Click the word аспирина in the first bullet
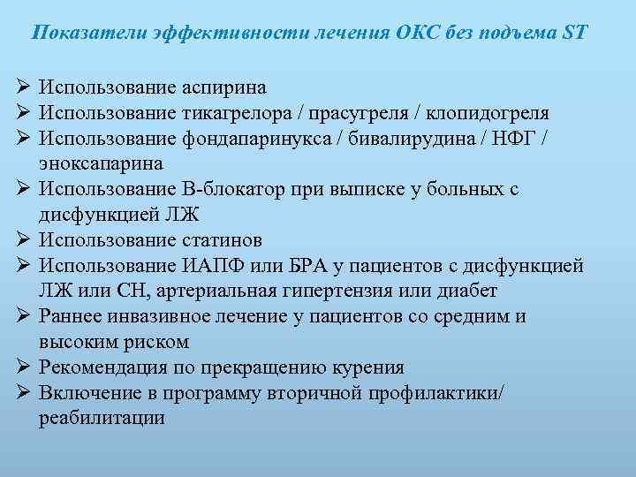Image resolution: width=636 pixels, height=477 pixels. pyautogui.click(x=224, y=88)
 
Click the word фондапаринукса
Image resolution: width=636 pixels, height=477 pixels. pyautogui.click(x=256, y=139)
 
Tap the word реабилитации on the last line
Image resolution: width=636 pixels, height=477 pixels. pyautogui.click(x=102, y=418)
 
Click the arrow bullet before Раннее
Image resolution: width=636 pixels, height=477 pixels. pyautogui.click(x=22, y=316)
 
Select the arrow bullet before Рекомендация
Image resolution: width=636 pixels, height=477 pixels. pyautogui.click(x=22, y=367)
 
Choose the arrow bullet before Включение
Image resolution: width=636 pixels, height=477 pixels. pyautogui.click(x=22, y=392)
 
